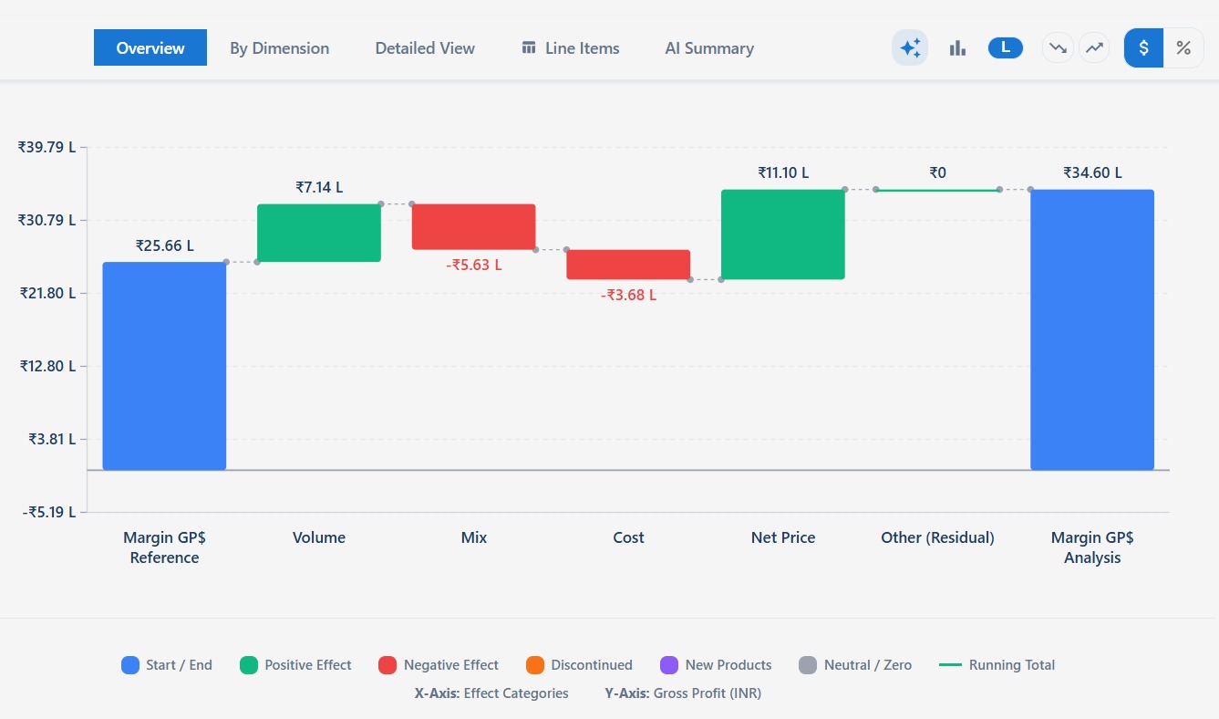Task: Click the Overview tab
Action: coord(150,48)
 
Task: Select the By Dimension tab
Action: coord(279,48)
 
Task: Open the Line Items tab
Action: coord(571,48)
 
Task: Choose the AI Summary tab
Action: coord(709,48)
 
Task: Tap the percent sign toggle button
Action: coord(1183,48)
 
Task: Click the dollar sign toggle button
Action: coord(1143,48)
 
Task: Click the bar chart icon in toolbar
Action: coord(957,48)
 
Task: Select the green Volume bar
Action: coord(319,233)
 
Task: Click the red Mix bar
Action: coord(473,226)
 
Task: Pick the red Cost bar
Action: coord(628,265)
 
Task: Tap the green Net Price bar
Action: coord(782,234)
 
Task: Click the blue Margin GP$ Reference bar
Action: coord(164,366)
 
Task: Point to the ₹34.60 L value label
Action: coord(1092,172)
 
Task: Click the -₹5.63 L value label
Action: coord(473,266)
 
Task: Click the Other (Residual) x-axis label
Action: coord(937,537)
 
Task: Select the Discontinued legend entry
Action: coord(580,665)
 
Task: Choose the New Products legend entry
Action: coord(716,665)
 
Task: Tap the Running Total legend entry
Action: coord(997,665)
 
